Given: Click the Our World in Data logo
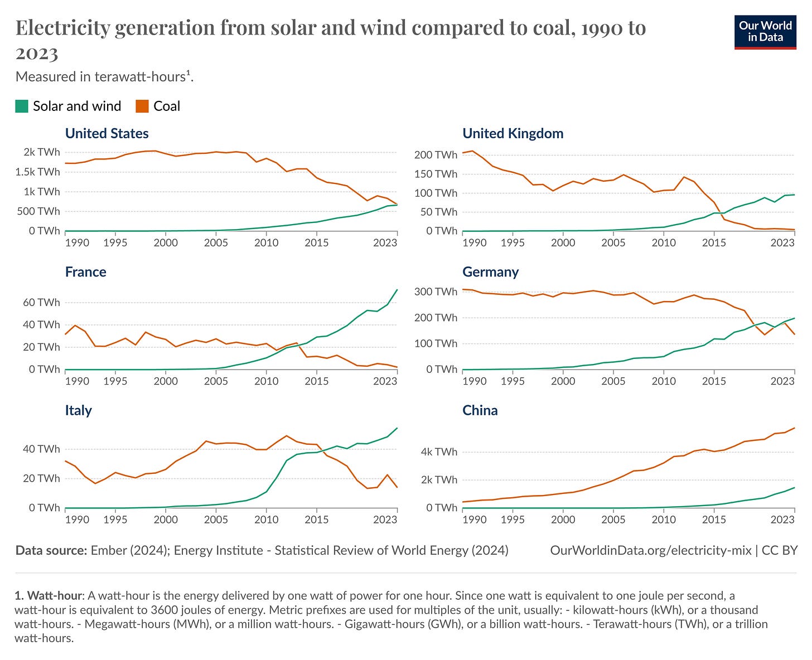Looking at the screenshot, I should point(765,32).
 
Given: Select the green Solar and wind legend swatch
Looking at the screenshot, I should point(22,106).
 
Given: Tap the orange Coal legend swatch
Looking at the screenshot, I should point(142,106).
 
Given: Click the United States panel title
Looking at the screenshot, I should point(107,134).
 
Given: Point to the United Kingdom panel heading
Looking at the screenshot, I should point(513,134).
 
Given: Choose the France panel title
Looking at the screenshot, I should point(85,272).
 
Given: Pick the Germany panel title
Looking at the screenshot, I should point(490,272).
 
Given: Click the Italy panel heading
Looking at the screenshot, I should point(78,410).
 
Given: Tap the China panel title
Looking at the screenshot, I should point(480,410).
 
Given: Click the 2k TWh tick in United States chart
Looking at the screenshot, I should point(41,152).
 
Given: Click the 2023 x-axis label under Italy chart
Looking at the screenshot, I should point(385,520).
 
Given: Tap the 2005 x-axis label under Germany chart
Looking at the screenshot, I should point(613,381).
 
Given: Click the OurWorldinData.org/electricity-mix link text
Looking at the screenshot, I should point(650,551).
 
